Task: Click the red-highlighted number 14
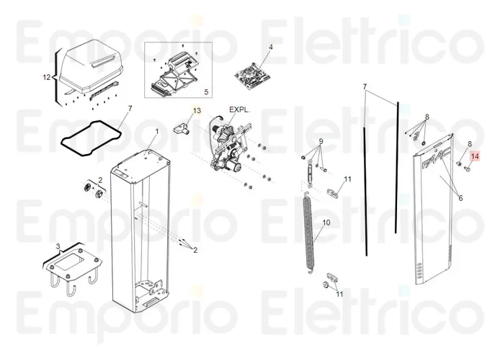click(x=474, y=156)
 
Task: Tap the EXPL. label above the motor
click(x=239, y=110)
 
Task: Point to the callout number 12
click(x=47, y=77)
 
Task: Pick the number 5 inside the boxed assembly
click(x=205, y=92)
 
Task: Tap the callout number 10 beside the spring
click(x=326, y=223)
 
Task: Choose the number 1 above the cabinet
click(x=156, y=131)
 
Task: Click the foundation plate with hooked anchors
click(x=71, y=266)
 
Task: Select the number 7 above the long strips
click(x=365, y=86)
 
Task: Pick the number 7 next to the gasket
click(x=130, y=109)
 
